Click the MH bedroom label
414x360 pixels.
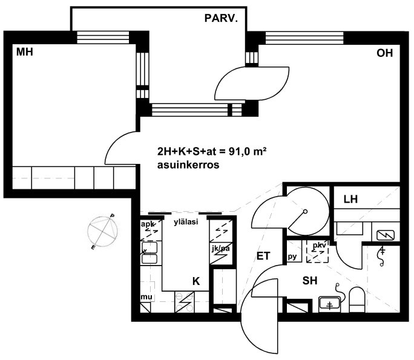coord(24,53)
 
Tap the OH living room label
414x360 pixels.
coord(384,53)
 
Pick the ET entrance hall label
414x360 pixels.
coord(263,256)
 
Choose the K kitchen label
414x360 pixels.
coord(196,281)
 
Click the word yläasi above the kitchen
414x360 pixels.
coord(186,223)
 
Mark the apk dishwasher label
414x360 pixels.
coord(148,224)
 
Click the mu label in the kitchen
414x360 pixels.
coord(146,298)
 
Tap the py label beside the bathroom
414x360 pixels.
coord(292,257)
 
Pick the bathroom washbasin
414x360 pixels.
coord(329,304)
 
